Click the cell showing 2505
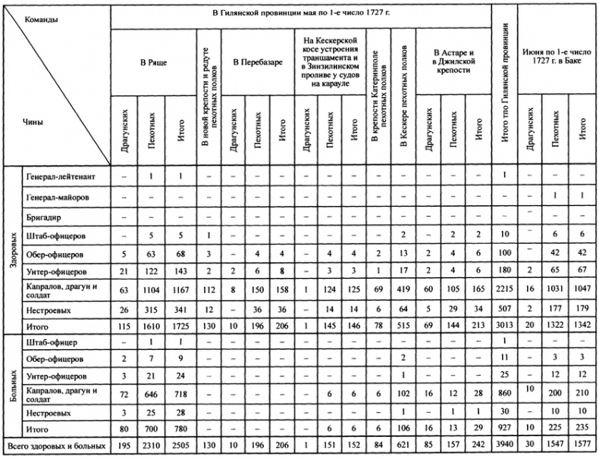[179, 446]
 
